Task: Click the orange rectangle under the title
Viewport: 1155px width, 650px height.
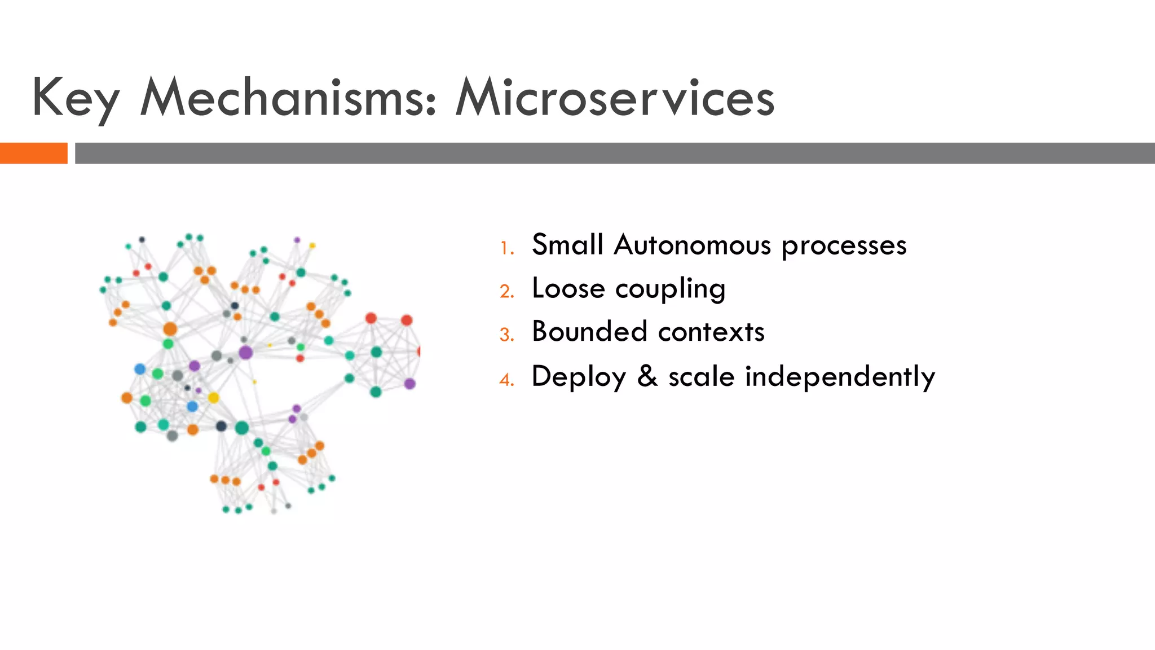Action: [33, 153]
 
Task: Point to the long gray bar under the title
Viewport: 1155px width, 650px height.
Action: [615, 153]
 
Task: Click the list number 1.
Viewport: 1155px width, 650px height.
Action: [506, 248]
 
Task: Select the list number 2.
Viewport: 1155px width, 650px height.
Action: [506, 292]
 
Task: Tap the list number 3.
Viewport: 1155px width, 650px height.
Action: [506, 335]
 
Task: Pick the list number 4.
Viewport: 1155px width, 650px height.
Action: [506, 380]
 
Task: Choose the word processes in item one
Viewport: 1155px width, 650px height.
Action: [844, 246]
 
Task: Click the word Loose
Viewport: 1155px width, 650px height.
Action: [568, 288]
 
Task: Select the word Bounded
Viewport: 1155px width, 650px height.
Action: [589, 331]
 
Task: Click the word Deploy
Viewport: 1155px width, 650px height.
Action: [579, 377]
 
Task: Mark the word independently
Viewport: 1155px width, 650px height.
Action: [840, 377]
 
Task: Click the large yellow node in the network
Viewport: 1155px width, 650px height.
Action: [213, 398]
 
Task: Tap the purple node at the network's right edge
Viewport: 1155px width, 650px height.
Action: [410, 384]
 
